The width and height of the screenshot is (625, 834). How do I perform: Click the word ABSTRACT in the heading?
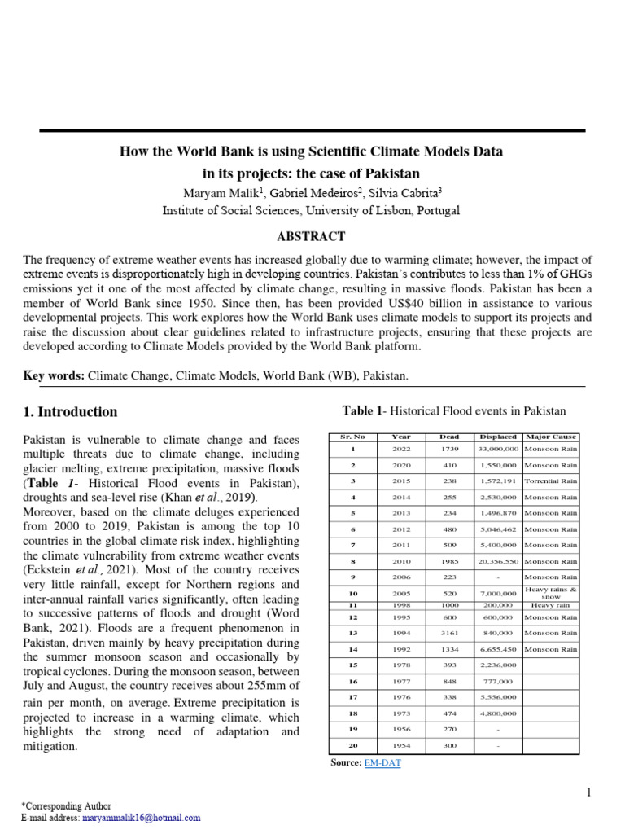point(312,237)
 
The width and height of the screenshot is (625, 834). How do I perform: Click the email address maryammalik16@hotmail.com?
point(141,818)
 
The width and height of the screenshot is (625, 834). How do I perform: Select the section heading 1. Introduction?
point(70,412)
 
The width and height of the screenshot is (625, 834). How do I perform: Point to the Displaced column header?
point(497,437)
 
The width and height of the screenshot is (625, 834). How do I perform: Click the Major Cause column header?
point(551,437)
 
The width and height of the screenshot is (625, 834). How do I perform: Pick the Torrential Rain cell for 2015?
point(551,481)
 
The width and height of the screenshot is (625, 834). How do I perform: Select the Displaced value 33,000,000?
point(498,450)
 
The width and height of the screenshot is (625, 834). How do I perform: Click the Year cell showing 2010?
point(401,561)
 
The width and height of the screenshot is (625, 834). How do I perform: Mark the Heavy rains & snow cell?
point(551,593)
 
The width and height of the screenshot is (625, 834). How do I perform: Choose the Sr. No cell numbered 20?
point(353,746)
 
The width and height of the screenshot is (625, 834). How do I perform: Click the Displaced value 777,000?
point(497,681)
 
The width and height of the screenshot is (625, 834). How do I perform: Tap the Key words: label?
point(54,375)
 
